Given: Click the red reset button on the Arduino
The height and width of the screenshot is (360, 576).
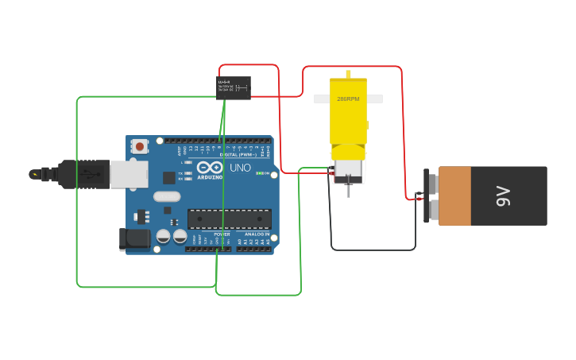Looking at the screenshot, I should [140, 146].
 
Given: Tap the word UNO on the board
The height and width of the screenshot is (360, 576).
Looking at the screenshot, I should [240, 168].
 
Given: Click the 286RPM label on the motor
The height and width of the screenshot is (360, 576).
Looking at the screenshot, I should [348, 99].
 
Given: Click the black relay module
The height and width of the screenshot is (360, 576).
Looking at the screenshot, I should [234, 87].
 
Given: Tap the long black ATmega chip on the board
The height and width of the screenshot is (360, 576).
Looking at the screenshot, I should [229, 219].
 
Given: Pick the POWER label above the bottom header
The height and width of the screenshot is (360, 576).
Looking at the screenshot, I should [222, 234].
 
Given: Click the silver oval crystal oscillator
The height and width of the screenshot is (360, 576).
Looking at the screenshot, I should [167, 196].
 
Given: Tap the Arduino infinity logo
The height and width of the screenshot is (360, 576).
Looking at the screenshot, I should [210, 168].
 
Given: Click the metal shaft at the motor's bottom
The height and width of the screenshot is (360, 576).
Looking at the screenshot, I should [348, 190].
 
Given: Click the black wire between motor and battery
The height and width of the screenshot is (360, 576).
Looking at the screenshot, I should [373, 250].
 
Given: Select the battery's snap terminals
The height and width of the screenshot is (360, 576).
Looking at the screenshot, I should [432, 196].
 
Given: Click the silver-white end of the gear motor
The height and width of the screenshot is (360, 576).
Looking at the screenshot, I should [347, 168].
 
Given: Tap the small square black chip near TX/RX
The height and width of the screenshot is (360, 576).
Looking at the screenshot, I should [169, 178].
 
